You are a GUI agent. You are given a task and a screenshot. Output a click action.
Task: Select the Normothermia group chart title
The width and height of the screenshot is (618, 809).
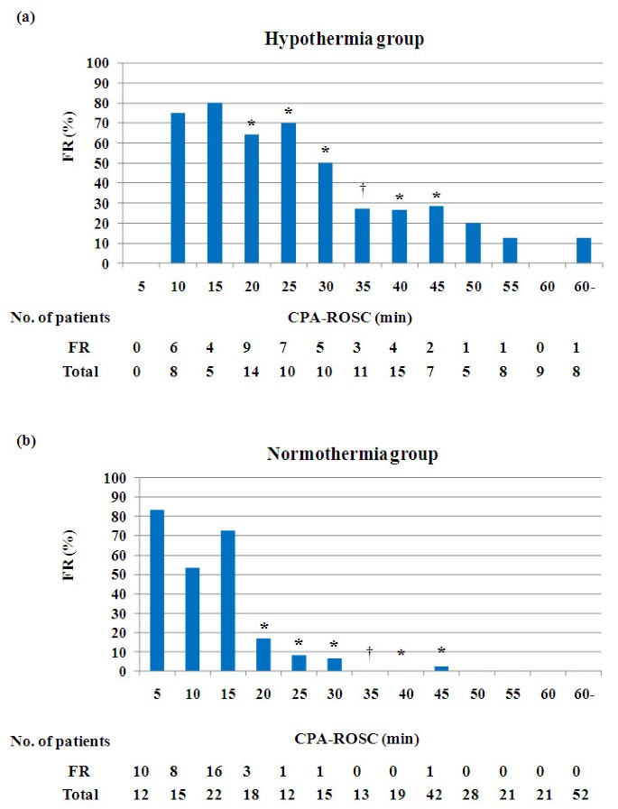[353, 454]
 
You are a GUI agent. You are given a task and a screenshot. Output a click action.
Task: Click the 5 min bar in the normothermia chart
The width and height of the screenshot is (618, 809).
[157, 591]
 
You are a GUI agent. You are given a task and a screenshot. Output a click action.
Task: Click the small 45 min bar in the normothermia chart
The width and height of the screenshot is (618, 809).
[440, 668]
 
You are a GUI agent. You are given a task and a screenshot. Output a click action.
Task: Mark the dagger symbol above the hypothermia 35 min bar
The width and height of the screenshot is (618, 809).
[363, 188]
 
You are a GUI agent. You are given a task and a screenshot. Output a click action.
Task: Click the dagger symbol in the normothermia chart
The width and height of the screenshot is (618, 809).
[370, 651]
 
